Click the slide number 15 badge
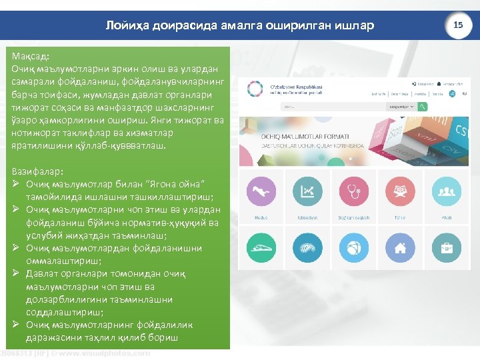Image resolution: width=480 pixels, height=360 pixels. pyautogui.click(x=458, y=25)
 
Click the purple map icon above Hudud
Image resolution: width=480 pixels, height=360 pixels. pyautogui.click(x=261, y=191)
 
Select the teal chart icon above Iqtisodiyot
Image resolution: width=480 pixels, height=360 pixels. pyautogui.click(x=308, y=191)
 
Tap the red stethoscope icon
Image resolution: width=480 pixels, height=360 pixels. pyautogui.click(x=354, y=191)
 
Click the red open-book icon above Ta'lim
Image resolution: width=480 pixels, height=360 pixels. pyautogui.click(x=400, y=191)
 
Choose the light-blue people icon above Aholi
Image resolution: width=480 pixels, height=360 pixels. pyautogui.click(x=446, y=191)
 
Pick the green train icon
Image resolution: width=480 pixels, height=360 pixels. pyautogui.click(x=261, y=247)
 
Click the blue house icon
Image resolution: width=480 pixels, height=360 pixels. pyautogui.click(x=400, y=247)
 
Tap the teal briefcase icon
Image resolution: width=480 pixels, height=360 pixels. pyautogui.click(x=446, y=247)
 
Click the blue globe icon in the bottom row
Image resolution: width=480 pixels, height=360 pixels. pyautogui.click(x=354, y=247)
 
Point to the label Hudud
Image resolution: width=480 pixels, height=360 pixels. pyautogui.click(x=261, y=217)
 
